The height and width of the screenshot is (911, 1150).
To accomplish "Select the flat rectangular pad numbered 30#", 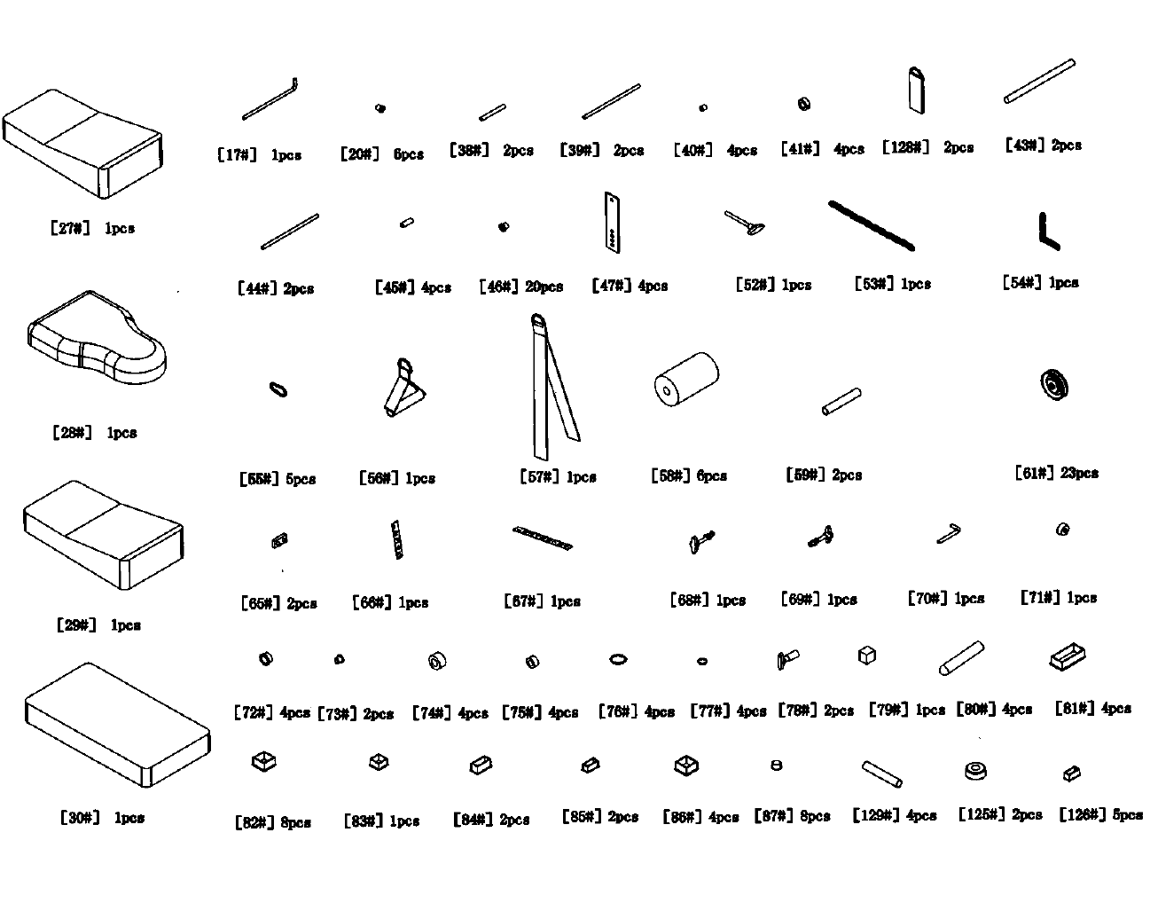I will tap(116, 725).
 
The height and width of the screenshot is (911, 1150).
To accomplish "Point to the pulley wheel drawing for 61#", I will tap(1055, 385).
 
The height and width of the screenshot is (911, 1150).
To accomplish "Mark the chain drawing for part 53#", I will tap(872, 226).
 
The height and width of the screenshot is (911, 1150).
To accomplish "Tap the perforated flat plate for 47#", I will tap(612, 222).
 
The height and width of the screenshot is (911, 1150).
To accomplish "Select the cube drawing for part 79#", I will tap(867, 656).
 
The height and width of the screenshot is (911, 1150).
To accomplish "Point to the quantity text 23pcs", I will tap(1079, 473).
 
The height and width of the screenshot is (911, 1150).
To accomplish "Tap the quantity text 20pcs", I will tap(543, 287).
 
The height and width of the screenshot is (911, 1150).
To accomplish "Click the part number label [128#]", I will tap(905, 147).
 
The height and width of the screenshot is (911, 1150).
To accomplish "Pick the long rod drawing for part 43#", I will tap(1039, 81).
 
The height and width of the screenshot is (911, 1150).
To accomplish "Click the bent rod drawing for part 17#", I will tap(270, 100).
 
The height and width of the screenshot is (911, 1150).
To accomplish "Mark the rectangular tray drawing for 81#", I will tap(1068, 657).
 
